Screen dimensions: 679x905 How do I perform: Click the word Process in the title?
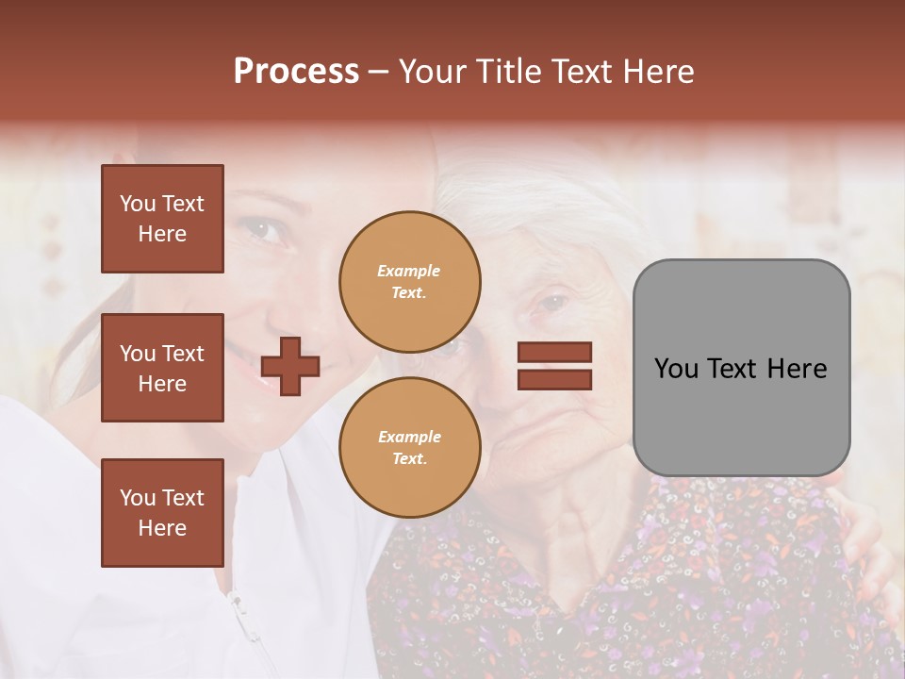click(296, 72)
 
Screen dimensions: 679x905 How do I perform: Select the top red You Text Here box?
click(162, 219)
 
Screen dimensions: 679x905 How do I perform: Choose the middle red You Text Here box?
click(162, 368)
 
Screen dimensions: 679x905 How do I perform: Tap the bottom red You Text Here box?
click(162, 513)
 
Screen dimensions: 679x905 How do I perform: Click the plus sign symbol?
click(290, 366)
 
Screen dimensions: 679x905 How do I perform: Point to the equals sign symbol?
click(554, 366)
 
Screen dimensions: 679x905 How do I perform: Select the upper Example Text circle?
click(409, 282)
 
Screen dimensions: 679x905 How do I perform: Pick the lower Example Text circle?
click(409, 448)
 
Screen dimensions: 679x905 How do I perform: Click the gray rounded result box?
click(741, 368)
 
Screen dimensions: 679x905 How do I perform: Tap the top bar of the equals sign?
click(554, 353)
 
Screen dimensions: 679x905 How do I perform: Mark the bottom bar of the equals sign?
click(554, 379)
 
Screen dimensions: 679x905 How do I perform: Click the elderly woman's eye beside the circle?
click(551, 304)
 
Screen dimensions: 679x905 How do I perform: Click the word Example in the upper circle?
click(409, 271)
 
